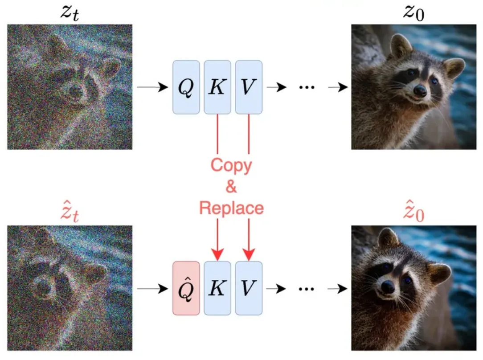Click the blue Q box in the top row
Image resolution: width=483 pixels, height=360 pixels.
tap(186, 87)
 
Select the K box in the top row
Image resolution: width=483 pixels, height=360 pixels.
tap(217, 87)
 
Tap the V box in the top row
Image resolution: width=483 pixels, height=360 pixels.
tap(249, 87)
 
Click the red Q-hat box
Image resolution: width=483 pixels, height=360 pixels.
tap(186, 288)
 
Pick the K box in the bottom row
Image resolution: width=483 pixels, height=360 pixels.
tap(217, 288)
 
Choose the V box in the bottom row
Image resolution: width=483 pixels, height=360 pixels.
tap(249, 288)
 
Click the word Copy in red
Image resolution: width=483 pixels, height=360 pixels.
tap(231, 165)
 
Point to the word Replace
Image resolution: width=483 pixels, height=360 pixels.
tap(231, 208)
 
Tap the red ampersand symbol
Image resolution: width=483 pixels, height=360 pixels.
tap(231, 187)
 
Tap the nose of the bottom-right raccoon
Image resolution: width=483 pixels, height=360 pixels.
tap(388, 286)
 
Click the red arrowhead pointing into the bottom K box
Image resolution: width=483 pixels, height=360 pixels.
tap(217, 254)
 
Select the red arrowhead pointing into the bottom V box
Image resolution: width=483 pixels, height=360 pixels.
tap(249, 254)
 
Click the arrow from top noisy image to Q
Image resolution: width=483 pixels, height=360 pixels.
tap(151, 87)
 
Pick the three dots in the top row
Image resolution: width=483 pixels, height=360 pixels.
tap(307, 87)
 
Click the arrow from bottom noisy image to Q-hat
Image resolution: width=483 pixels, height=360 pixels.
tap(151, 288)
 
